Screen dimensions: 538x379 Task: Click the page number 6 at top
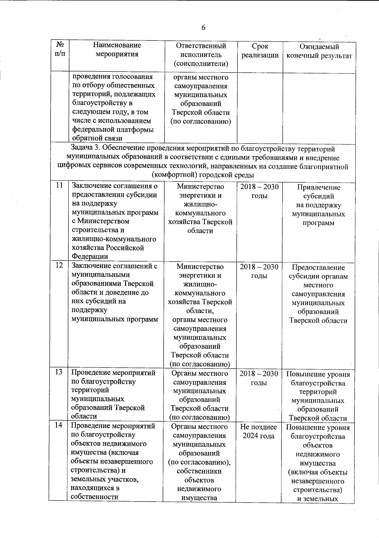point(203,28)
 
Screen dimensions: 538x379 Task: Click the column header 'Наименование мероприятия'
point(117,50)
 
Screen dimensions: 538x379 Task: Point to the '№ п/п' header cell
point(60,49)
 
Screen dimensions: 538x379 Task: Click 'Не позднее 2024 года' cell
point(259,431)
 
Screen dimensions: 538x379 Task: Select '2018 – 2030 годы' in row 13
point(259,378)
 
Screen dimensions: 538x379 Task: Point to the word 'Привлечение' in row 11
point(319,187)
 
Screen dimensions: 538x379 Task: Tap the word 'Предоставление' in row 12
point(318,267)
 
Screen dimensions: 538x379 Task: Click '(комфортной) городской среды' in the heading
point(203,175)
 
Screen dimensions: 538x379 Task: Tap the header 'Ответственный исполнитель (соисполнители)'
point(201,55)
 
